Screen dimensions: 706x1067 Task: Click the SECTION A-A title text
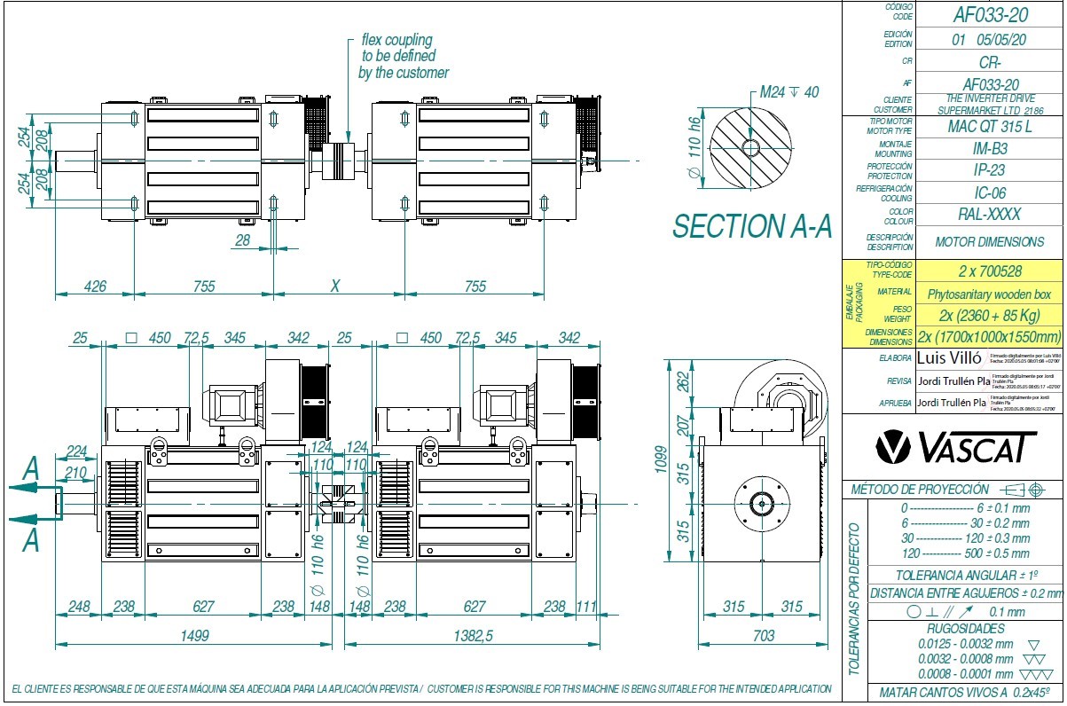[752, 227]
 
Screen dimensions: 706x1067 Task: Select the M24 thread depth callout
[788, 93]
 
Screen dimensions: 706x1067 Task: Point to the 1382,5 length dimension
[475, 635]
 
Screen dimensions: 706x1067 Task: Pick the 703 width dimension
[762, 635]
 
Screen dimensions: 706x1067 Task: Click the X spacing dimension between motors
[334, 286]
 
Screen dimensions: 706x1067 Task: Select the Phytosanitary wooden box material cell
[989, 294]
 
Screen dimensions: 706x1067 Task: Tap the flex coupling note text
[403, 57]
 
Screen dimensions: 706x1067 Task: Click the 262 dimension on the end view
[684, 381]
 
